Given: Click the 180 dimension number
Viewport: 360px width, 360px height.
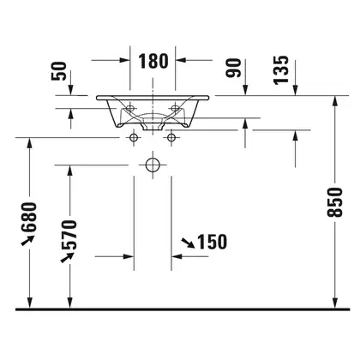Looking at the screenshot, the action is click(x=153, y=61).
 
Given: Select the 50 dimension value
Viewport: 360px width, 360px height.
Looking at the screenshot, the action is click(x=59, y=71).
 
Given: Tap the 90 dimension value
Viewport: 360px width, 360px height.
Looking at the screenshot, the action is click(x=233, y=68).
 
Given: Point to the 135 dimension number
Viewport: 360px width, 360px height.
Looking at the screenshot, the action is click(x=281, y=70).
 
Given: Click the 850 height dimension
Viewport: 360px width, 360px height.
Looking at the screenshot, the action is click(x=335, y=202).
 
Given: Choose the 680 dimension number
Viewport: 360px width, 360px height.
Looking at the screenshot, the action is click(x=29, y=217).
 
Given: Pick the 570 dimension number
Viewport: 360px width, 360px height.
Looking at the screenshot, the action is click(x=69, y=235).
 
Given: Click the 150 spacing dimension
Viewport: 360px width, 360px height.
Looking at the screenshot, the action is click(x=213, y=242).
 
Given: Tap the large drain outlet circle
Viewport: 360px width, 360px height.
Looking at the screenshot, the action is click(x=153, y=165).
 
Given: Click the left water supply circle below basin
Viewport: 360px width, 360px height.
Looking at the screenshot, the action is click(x=134, y=138).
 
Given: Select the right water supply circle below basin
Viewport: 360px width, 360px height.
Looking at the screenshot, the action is click(x=171, y=138).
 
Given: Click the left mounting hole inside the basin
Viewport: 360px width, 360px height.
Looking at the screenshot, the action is click(x=130, y=108).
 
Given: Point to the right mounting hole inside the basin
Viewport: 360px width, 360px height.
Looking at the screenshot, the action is click(x=175, y=108).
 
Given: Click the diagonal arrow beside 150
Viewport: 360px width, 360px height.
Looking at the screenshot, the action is click(x=189, y=243).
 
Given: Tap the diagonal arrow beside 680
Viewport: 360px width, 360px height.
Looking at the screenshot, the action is click(x=27, y=240).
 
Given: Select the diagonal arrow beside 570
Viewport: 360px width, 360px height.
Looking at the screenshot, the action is click(x=68, y=257).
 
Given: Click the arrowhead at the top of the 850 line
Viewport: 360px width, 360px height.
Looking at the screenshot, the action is click(x=335, y=101).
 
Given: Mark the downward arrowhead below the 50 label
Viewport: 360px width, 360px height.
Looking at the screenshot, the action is click(x=70, y=90).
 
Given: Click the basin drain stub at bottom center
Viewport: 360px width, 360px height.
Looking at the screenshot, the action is click(x=153, y=127).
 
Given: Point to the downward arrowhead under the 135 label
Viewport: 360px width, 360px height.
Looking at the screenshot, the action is click(x=295, y=90).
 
